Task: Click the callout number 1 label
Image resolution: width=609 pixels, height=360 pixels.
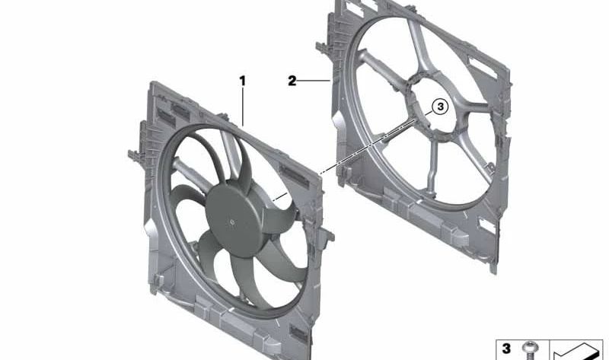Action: pyautogui.click(x=242, y=81)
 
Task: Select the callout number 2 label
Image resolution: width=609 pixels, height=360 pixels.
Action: pyautogui.click(x=292, y=81)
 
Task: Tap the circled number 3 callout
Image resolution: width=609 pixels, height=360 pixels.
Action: pyautogui.click(x=440, y=107)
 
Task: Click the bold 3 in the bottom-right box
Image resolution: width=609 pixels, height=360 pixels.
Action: pyautogui.click(x=506, y=348)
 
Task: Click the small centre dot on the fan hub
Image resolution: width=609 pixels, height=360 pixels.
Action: pyautogui.click(x=232, y=222)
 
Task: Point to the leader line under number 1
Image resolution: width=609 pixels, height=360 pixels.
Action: pyautogui.click(x=243, y=107)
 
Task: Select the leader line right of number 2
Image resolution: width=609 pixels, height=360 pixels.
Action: pyautogui.click(x=314, y=81)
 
